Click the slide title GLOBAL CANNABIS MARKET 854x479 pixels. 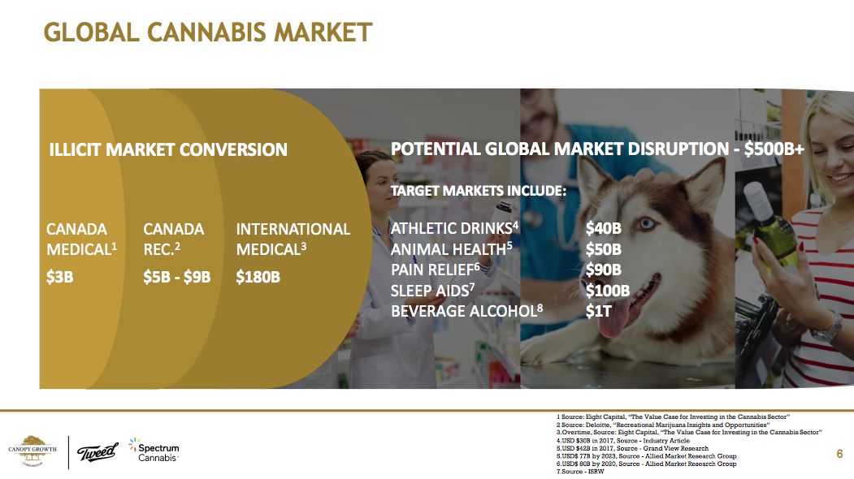pyautogui.click(x=208, y=32)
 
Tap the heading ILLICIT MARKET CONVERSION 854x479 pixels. pyautogui.click(x=168, y=149)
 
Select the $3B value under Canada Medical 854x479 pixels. pyautogui.click(x=60, y=277)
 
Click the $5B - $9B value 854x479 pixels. pyautogui.click(x=177, y=277)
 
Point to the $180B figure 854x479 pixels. pyautogui.click(x=258, y=277)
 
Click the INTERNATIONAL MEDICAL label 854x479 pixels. pyautogui.click(x=293, y=239)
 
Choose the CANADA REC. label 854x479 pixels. pyautogui.click(x=174, y=239)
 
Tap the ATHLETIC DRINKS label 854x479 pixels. pyautogui.click(x=454, y=228)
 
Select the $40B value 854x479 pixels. pyautogui.click(x=604, y=228)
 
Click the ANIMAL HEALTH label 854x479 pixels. pyautogui.click(x=452, y=248)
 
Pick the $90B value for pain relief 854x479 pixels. pyautogui.click(x=604, y=270)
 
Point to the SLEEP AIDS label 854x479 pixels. pyautogui.click(x=432, y=291)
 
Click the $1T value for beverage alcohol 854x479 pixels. pyautogui.click(x=599, y=311)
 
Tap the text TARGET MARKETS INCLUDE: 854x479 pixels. pyautogui.click(x=479, y=191)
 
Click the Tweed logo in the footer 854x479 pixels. pyautogui.click(x=98, y=451)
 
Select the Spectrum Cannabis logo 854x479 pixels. pyautogui.click(x=154, y=451)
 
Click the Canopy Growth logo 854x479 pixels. pyautogui.click(x=33, y=451)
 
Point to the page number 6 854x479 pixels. pyautogui.click(x=839, y=453)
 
